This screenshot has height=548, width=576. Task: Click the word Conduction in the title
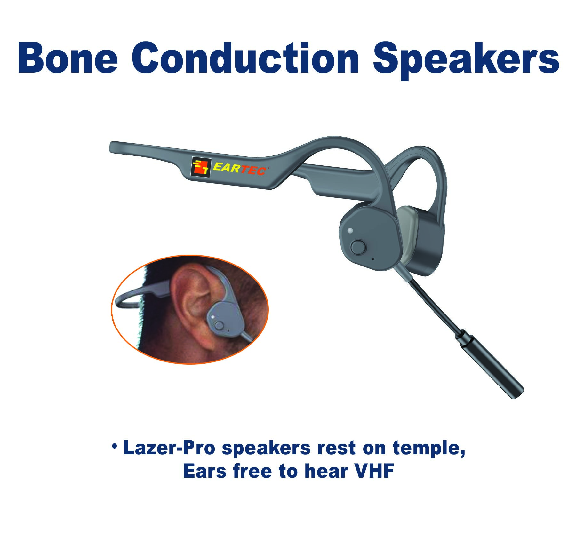[x=245, y=58]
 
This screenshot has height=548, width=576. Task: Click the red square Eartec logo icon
[x=201, y=166]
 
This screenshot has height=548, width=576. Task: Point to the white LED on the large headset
[x=350, y=230]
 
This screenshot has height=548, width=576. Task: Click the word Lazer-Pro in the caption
[x=169, y=448]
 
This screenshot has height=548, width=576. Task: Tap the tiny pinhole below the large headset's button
[x=372, y=258]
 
